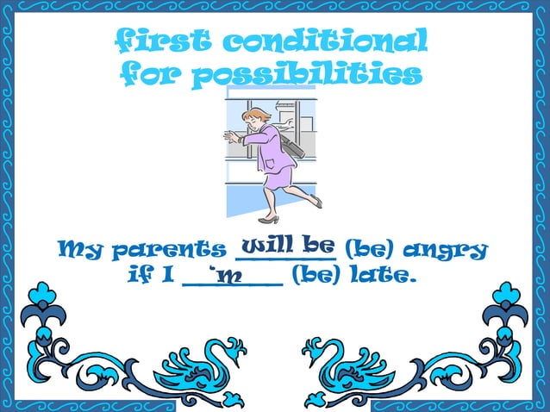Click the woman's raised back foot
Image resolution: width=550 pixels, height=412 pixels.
(316, 203)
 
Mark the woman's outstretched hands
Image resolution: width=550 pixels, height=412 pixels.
(229, 135)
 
